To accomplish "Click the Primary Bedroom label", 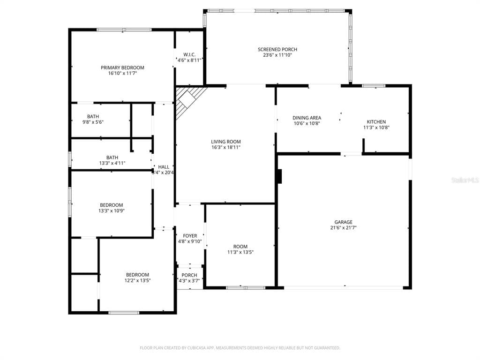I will (x=122, y=67).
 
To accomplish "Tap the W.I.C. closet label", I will (x=189, y=54).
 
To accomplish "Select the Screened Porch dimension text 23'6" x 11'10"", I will (x=277, y=55).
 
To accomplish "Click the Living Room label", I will (x=225, y=142).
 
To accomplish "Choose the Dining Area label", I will (x=307, y=118).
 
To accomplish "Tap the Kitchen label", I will (x=376, y=122).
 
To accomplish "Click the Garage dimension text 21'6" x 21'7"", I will (x=343, y=228).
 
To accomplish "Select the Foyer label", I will (x=190, y=236).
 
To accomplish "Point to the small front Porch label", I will (x=189, y=275).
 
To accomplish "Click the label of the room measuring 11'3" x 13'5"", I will (x=240, y=247).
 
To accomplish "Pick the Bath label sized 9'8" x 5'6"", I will (x=93, y=117).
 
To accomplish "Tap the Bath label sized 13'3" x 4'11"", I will (x=112, y=157).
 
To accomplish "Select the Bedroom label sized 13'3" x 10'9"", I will (x=112, y=205).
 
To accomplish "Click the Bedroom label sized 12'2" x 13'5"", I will (x=137, y=275).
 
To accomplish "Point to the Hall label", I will (x=164, y=167).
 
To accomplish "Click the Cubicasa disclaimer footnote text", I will (x=240, y=348).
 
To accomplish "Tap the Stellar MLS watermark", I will (x=465, y=180).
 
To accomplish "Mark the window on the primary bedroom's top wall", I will (x=124, y=30).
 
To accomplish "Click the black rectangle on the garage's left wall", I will (x=279, y=177).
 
